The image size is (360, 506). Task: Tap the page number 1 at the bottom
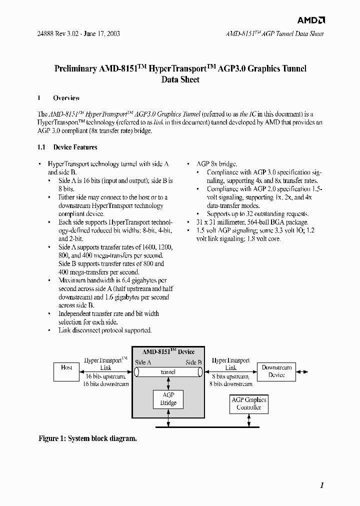(322, 485)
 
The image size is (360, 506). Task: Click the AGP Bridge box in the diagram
(168, 399)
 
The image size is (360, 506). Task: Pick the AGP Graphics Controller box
(248, 403)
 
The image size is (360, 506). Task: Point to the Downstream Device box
(276, 371)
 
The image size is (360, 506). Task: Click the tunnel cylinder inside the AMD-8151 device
(168, 372)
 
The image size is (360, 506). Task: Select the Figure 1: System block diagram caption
(87, 438)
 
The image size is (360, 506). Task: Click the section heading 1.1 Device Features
(67, 147)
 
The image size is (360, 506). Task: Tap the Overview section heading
(66, 98)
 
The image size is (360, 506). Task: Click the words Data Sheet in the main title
(180, 79)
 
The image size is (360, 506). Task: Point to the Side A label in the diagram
(143, 362)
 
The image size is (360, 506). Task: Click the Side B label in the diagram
(193, 362)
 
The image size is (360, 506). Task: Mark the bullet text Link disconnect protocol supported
(105, 330)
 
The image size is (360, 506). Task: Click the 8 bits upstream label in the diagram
(230, 376)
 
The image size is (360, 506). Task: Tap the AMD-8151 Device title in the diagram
(168, 351)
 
